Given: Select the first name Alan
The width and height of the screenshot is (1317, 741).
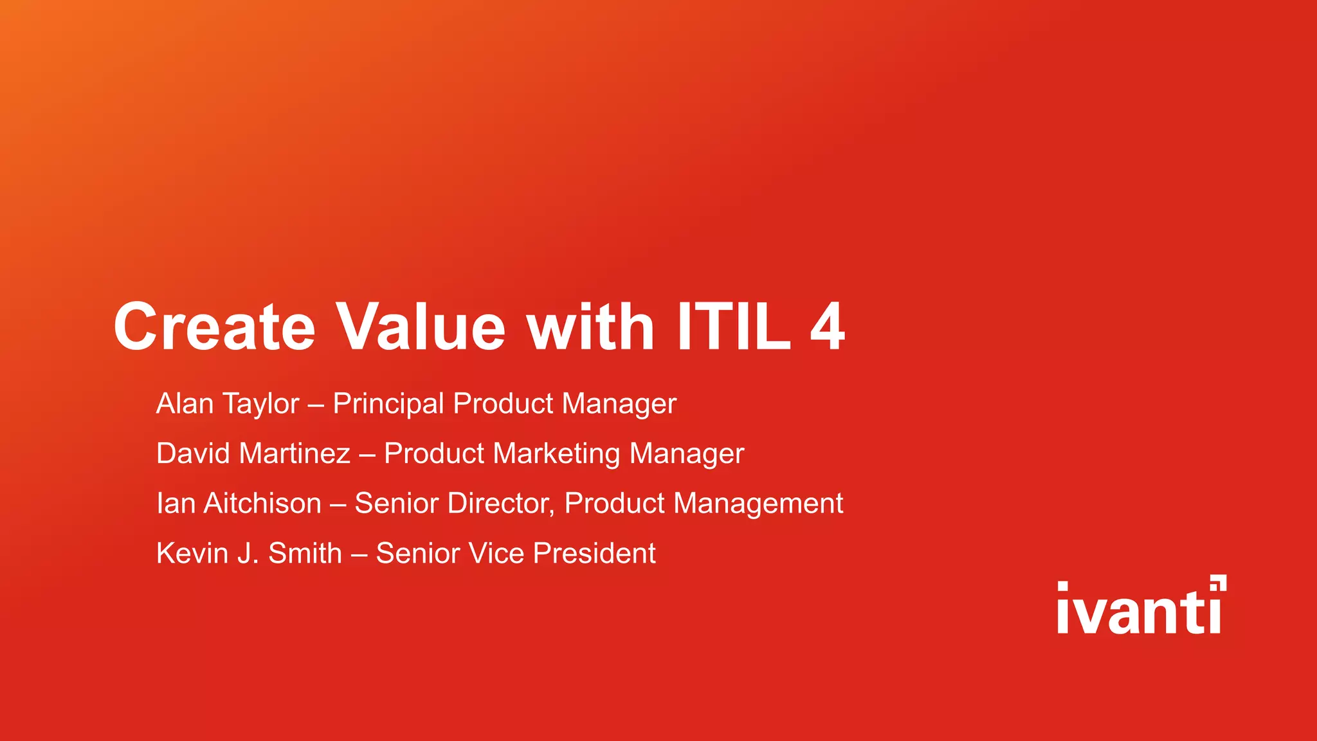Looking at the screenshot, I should click(185, 404).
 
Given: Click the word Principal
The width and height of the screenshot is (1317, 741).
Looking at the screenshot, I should click(388, 404).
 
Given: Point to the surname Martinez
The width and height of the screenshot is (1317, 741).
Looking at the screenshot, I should click(295, 453).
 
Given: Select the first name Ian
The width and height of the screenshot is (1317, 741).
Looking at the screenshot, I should click(176, 503).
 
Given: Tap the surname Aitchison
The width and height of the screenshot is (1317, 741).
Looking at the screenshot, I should click(262, 503).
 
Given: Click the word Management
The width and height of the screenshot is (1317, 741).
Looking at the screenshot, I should click(758, 504).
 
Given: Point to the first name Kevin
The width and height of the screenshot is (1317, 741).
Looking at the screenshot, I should click(192, 553).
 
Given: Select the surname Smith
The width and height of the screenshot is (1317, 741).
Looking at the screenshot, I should click(305, 553).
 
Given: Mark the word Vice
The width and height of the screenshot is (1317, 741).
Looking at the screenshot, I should click(496, 553).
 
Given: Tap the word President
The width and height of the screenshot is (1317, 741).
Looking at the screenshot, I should click(594, 553).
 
